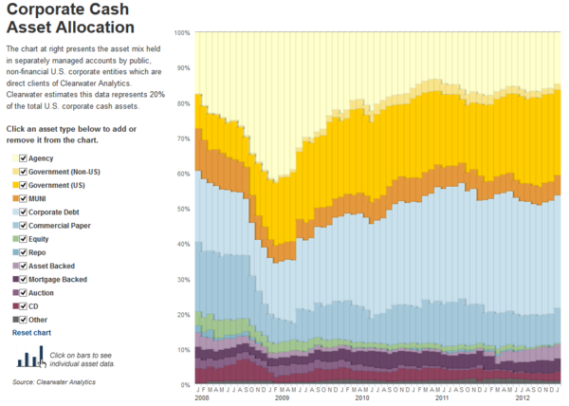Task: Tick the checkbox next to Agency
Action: point(24,158)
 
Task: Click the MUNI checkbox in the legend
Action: point(24,198)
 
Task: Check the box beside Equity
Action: point(24,239)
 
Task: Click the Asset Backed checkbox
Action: point(24,267)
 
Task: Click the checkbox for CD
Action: point(24,306)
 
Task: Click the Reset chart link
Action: point(31,333)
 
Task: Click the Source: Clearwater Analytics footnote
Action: point(54,381)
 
